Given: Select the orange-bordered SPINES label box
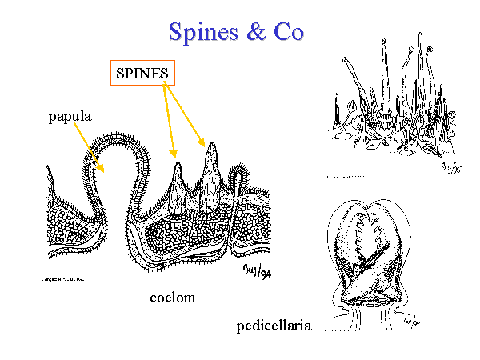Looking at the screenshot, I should [142, 74].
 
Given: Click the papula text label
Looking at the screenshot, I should [70, 116].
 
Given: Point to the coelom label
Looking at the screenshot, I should [173, 298].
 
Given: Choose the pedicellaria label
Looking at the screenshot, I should [274, 326].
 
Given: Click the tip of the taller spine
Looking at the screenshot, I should [212, 144].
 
